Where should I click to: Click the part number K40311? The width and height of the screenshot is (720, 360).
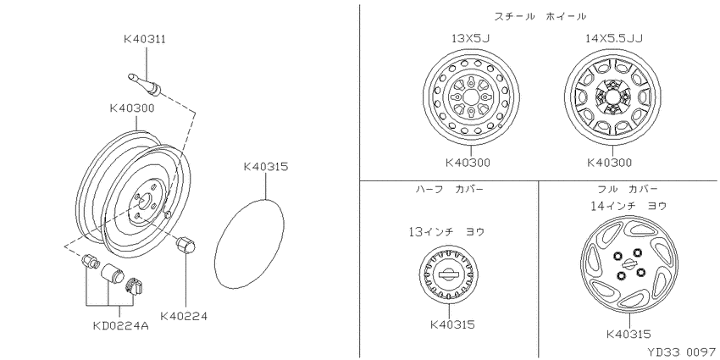(145, 40)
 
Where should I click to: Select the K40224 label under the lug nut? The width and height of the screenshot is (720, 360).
(184, 317)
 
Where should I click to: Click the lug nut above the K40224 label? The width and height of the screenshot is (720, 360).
(186, 244)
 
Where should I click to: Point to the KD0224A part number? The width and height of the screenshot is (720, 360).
(121, 326)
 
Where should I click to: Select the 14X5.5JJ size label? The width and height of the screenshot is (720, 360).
(613, 38)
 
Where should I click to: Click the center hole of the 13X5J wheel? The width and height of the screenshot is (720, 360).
(471, 97)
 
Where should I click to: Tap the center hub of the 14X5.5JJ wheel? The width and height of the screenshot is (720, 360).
(613, 97)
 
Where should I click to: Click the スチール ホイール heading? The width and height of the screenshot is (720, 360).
(540, 17)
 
